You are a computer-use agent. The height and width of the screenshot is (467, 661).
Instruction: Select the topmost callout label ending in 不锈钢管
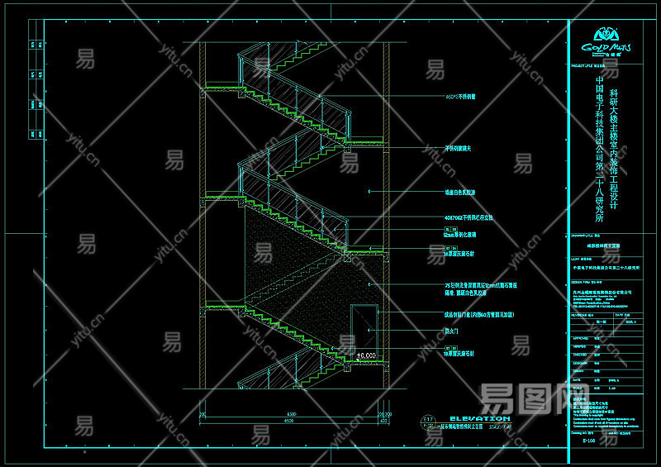pyautogui.click(x=460, y=97)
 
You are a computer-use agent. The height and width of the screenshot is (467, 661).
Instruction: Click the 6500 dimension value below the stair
pyautogui.click(x=291, y=413)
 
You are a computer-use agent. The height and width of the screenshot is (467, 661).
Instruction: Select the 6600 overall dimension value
pyautogui.click(x=291, y=422)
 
